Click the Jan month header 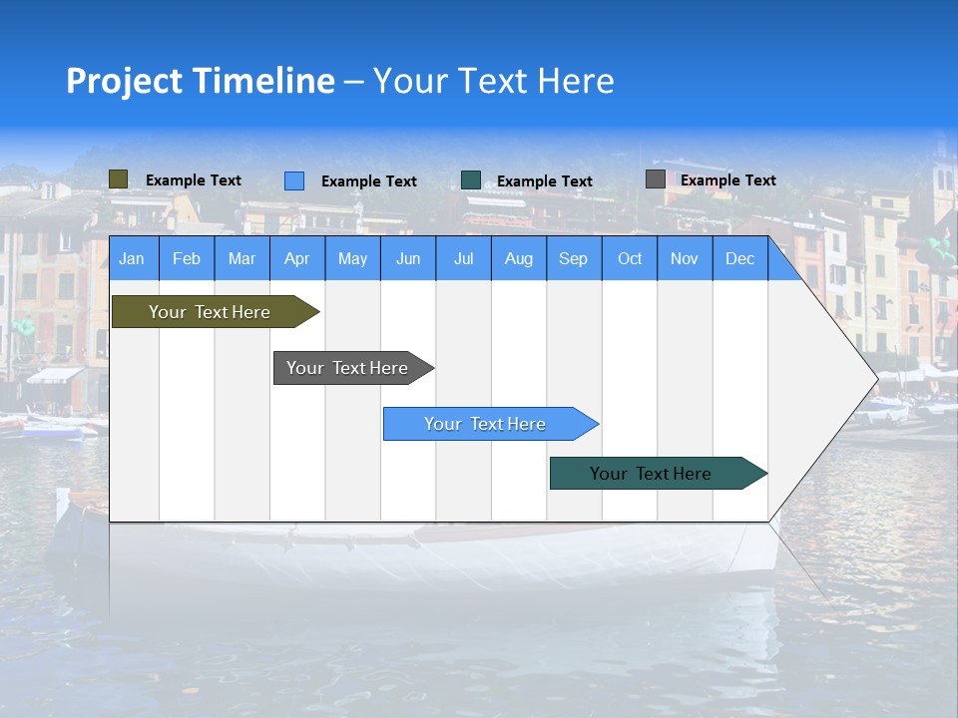point(133,258)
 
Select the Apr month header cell point(297,258)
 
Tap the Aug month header point(519,258)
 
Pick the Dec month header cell point(740,258)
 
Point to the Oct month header point(630,258)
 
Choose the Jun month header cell point(408,258)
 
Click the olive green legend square point(119,179)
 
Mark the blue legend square point(294,180)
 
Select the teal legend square point(471,180)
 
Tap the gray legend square point(656,179)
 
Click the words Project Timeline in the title point(201,81)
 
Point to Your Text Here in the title point(494,81)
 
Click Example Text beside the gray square point(728,180)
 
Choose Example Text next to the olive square point(194,180)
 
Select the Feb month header point(187,258)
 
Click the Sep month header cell point(574,258)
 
